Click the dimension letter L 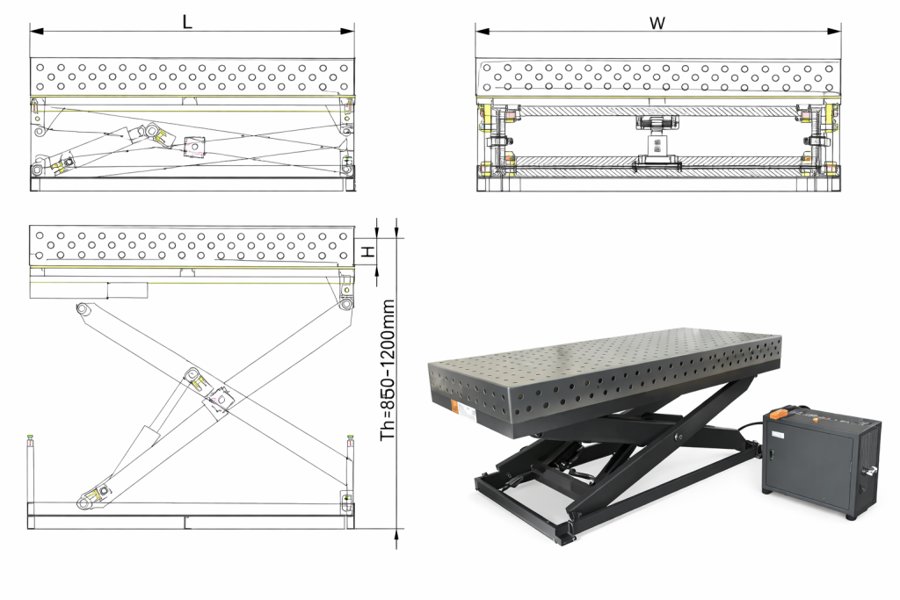187,21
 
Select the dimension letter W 657,22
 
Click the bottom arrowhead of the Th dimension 397,532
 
